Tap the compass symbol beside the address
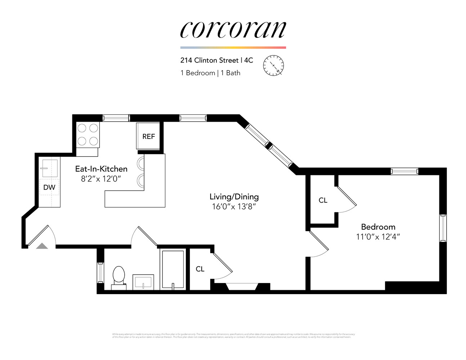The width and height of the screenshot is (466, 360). tap(273, 66)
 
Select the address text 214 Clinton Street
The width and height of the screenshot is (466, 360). tap(209, 60)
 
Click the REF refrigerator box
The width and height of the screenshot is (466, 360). tap(148, 136)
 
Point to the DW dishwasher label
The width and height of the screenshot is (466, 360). tap(49, 187)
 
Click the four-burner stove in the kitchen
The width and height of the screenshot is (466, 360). tap(88, 135)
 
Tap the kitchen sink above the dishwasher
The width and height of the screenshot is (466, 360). tap(49, 168)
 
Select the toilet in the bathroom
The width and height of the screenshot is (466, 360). tap(118, 276)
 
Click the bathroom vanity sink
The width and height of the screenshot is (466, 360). tap(143, 282)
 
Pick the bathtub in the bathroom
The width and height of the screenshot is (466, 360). tap(173, 269)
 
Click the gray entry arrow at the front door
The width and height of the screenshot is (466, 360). tap(42, 246)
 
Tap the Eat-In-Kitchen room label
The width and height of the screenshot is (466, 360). tap(101, 169)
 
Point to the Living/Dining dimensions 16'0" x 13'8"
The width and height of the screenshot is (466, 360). tap(234, 207)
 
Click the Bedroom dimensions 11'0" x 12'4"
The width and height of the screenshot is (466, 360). tap(378, 237)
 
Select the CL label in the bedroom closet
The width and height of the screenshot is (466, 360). tap(323, 200)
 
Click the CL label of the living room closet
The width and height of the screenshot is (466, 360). tap(200, 269)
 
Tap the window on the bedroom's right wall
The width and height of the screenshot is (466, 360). tap(443, 228)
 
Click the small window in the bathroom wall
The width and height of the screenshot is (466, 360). tap(100, 273)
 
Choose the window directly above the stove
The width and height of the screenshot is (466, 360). tap(116, 118)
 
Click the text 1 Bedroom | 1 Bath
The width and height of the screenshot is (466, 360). tap(210, 73)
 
